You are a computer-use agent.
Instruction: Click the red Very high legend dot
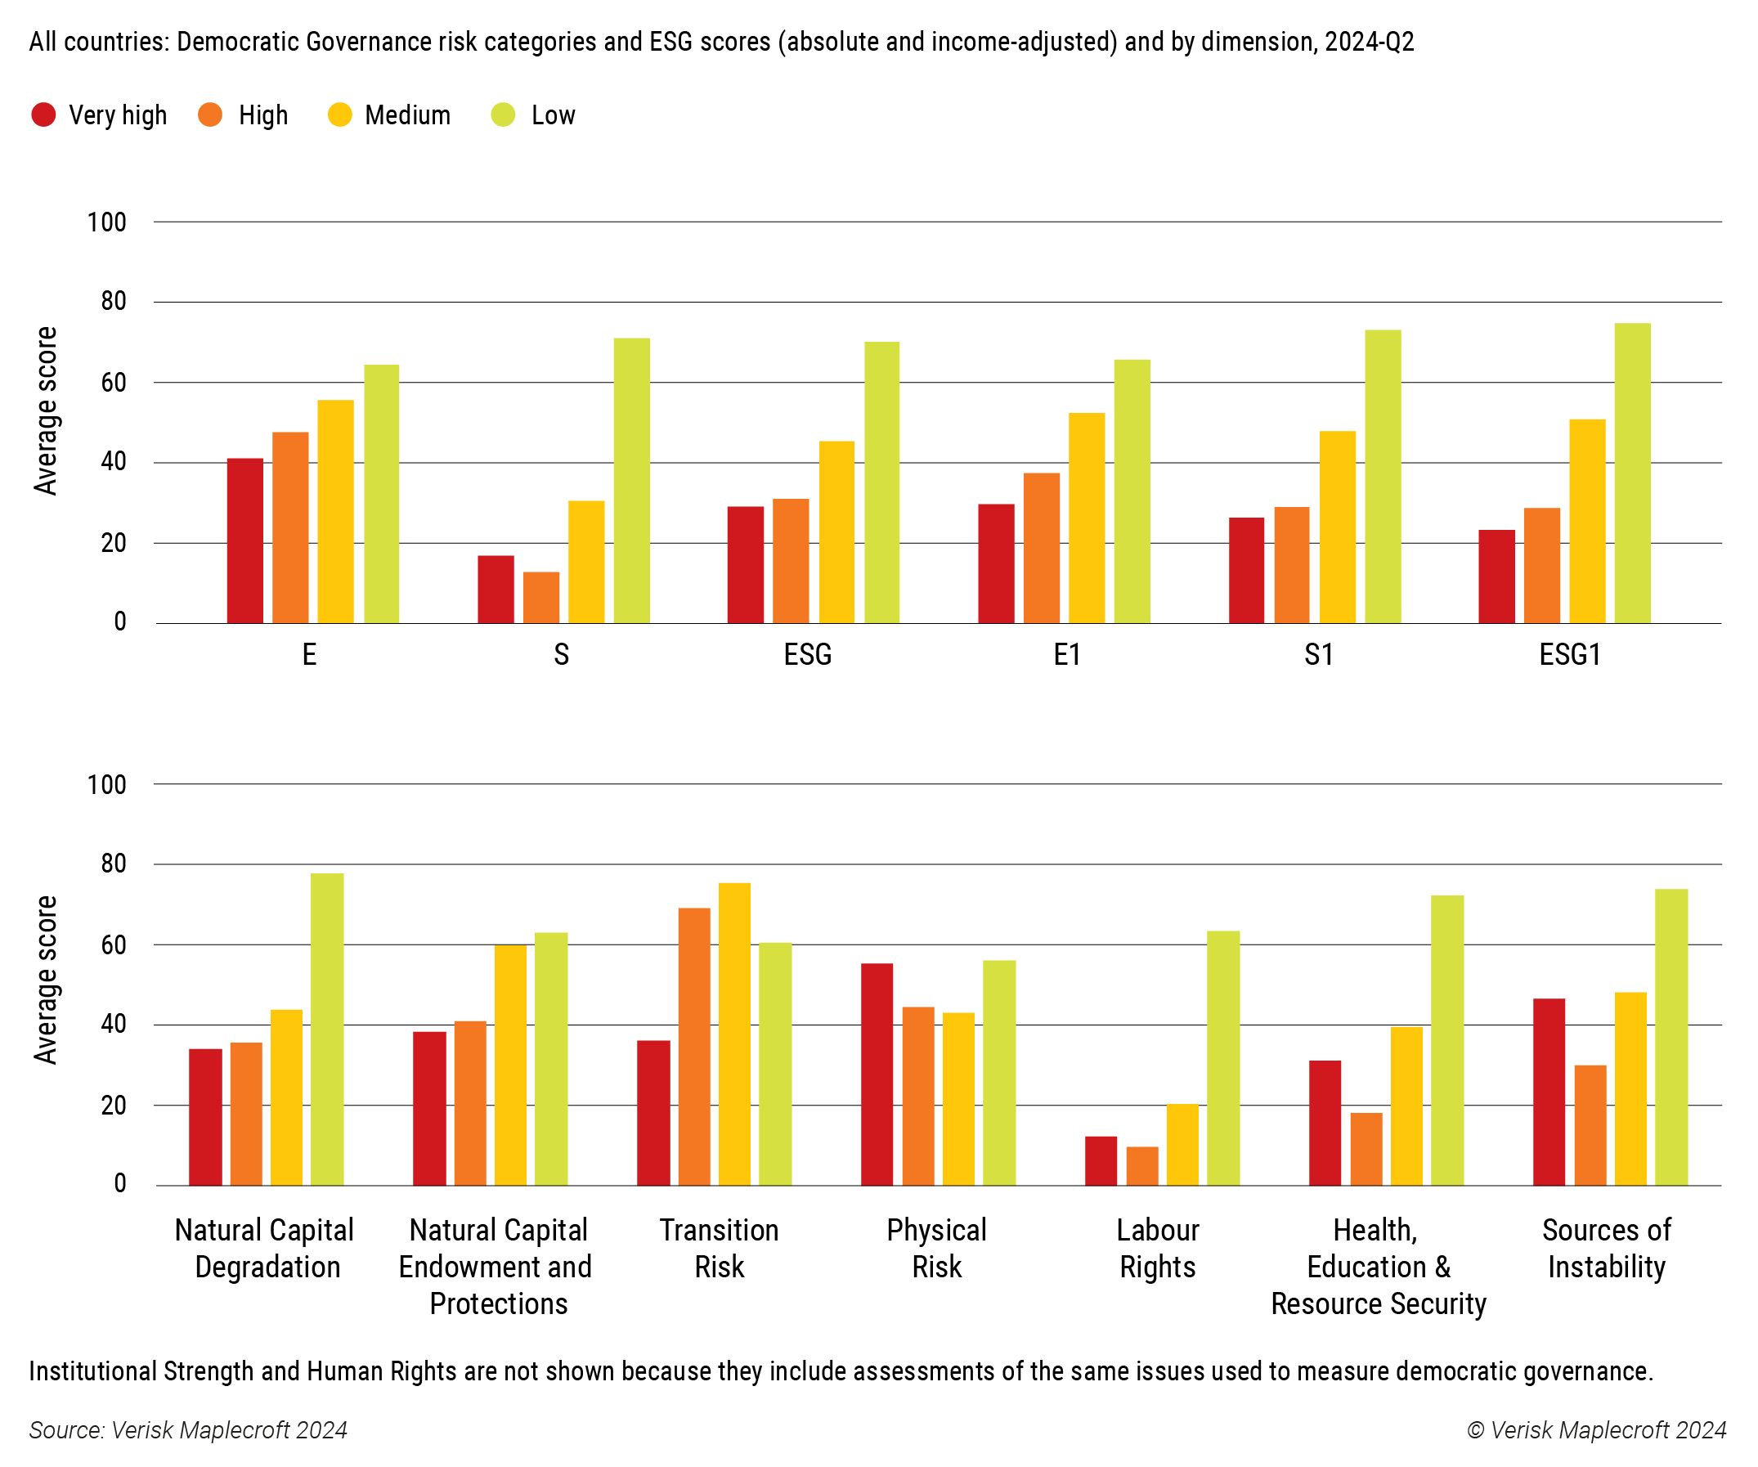click(43, 114)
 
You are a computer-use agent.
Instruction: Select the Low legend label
click(553, 114)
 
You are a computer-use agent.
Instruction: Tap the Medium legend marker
click(340, 114)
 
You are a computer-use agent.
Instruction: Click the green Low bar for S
click(631, 481)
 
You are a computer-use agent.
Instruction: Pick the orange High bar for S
click(540, 597)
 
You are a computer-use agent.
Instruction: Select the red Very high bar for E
click(245, 540)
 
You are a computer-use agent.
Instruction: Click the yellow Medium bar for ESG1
click(1586, 521)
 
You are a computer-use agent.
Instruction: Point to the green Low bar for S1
click(1382, 477)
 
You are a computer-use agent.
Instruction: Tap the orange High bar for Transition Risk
click(694, 1046)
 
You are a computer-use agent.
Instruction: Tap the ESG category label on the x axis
click(807, 654)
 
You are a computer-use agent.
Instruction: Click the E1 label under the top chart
click(1066, 654)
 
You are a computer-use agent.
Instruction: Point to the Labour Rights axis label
click(1157, 1248)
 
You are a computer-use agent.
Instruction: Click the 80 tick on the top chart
click(113, 301)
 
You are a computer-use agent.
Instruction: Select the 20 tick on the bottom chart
click(113, 1106)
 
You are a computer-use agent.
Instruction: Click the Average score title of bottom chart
click(45, 980)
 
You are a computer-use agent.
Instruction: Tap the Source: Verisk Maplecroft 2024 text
click(188, 1429)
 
